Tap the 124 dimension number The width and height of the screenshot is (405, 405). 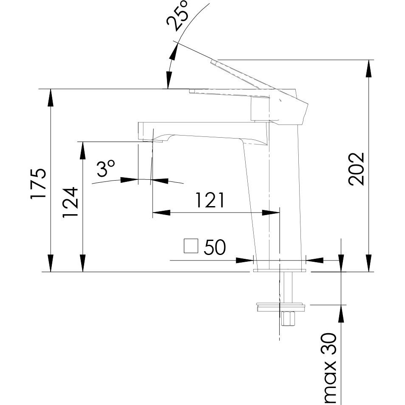click(x=70, y=202)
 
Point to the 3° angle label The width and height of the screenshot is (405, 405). click(x=105, y=169)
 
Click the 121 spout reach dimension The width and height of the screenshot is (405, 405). click(x=210, y=200)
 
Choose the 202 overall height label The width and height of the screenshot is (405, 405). click(x=356, y=168)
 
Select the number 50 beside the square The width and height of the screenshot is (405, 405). click(x=215, y=247)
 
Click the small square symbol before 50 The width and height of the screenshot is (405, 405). click(x=191, y=246)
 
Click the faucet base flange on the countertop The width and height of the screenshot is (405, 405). click(x=280, y=269)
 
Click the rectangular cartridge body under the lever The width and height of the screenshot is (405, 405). click(x=260, y=108)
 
